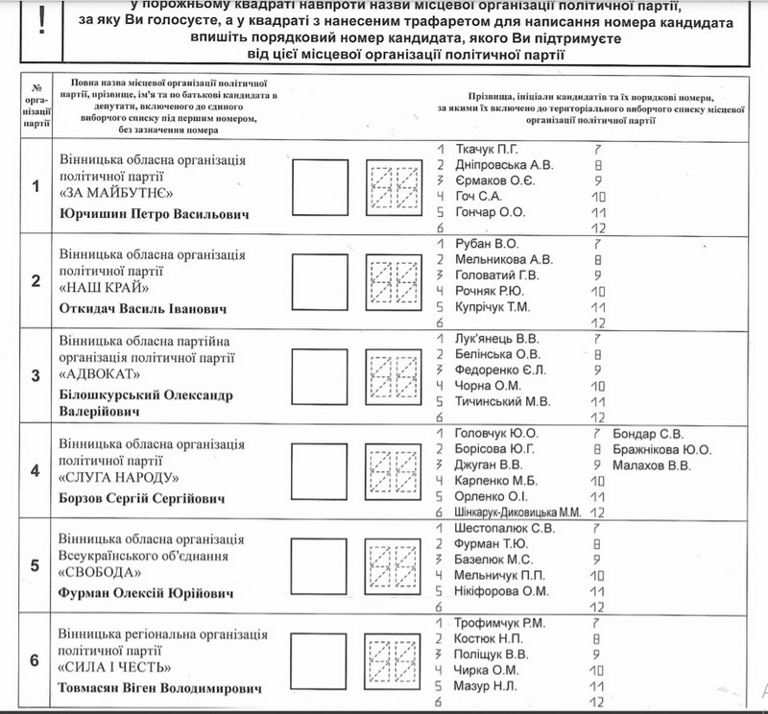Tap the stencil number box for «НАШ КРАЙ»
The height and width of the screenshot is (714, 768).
[x=394, y=281]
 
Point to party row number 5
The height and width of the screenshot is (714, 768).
[x=34, y=565]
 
